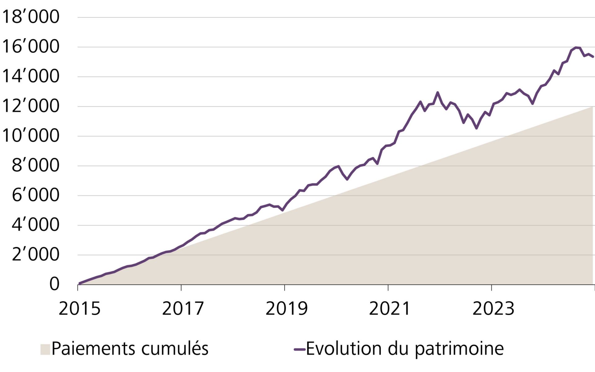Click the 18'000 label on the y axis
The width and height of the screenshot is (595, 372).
(30, 17)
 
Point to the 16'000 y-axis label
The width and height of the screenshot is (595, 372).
(30, 46)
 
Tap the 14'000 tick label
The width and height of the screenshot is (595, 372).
(30, 76)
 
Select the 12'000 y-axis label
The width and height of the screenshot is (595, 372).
(30, 106)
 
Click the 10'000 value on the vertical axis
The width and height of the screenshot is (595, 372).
(30, 136)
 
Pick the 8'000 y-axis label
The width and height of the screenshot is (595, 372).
(35, 166)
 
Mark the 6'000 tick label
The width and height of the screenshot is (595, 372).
(35, 195)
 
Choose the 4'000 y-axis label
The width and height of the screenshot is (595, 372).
(35, 225)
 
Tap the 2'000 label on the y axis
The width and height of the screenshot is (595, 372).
(35, 255)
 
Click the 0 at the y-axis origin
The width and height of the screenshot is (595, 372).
(54, 284)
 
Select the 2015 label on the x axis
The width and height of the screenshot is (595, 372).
(80, 309)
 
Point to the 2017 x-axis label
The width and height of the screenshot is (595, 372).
(183, 309)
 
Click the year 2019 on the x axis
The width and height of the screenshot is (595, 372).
(287, 309)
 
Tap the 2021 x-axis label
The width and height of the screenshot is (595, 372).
(390, 309)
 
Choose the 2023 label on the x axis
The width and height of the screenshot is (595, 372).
(493, 309)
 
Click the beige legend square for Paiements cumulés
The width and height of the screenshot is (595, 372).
(45, 349)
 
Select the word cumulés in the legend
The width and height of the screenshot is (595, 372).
(175, 349)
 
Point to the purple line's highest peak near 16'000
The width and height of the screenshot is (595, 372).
(576, 47)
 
